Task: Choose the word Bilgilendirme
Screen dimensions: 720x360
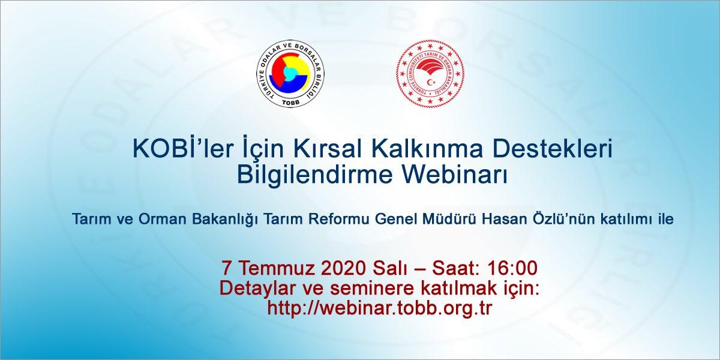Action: (x=316, y=175)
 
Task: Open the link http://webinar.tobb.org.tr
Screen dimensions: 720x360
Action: (x=380, y=308)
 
